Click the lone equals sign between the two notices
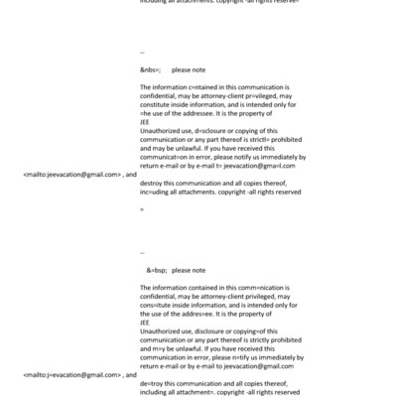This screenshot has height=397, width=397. (x=142, y=209)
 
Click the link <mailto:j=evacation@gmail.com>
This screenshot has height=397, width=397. (x=70, y=375)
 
